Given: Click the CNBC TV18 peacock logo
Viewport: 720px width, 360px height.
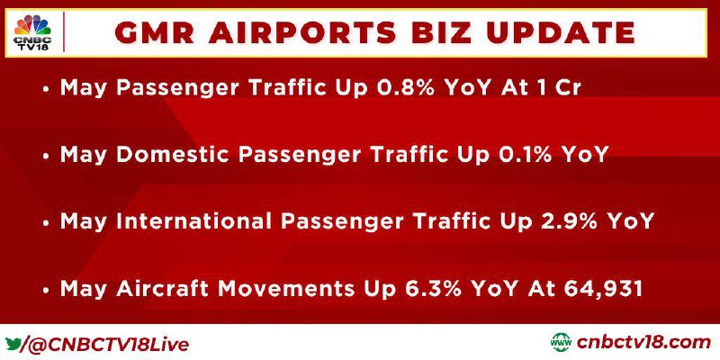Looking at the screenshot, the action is pos(32,32).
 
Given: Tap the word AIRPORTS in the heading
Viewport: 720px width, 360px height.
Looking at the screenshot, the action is pos(302,33).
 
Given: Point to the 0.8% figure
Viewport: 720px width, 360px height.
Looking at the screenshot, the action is pos(405,87).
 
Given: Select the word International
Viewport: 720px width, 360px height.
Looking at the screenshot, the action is pos(193,221).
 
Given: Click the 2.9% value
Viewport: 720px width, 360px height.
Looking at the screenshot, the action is pos(569,221).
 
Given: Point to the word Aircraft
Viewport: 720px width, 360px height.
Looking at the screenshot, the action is pos(163,289).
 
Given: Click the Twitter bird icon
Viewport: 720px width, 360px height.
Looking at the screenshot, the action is pos(13,343).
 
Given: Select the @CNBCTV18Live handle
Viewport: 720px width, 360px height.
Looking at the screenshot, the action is pos(108,345).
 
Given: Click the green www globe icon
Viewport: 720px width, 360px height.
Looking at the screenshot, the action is pos(561,343).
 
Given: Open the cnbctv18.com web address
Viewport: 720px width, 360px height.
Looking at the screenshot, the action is pos(643,343).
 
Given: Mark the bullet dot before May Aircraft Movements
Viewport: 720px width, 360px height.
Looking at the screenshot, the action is pos(46,291).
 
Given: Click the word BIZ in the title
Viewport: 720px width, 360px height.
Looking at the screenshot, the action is pos(439,33).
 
